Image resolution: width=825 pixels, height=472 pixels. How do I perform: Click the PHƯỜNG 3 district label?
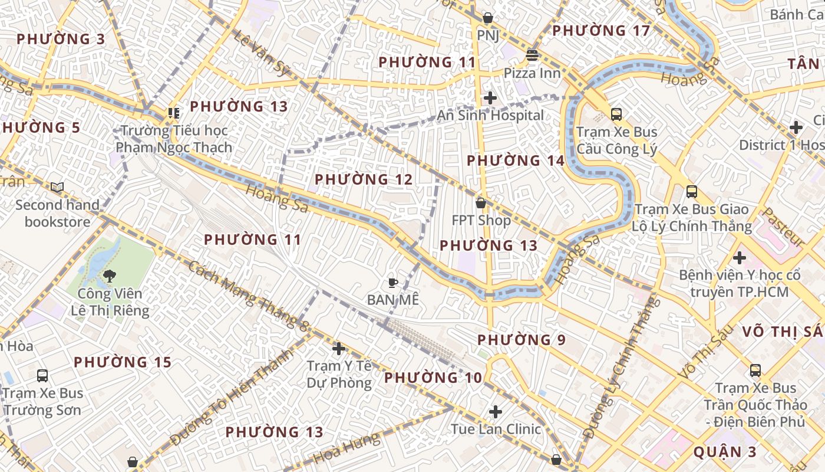coord(61,40)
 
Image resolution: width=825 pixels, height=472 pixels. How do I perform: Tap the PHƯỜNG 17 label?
coord(601,31)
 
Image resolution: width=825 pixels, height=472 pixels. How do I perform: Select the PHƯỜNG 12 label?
coord(364,179)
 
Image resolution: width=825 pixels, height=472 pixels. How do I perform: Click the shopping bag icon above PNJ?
coord(487,18)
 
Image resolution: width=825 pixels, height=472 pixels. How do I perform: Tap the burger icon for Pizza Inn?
coord(532,55)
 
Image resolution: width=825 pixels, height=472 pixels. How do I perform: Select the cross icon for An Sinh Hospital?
coord(490,98)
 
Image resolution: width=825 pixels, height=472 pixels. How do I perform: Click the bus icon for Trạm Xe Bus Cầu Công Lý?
coord(616,114)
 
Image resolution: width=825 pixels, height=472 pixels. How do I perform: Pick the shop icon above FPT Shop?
coord(481,203)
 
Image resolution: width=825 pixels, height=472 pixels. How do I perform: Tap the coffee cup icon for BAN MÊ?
coord(393,283)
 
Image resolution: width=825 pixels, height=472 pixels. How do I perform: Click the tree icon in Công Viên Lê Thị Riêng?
coord(110,276)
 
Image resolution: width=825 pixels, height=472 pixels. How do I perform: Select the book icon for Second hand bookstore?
coord(57,188)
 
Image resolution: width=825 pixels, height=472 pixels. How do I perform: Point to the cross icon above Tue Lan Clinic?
coord(496,411)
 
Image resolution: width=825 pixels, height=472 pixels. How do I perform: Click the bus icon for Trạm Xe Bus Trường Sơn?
coord(42,375)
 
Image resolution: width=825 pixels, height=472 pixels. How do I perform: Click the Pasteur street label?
coord(784,227)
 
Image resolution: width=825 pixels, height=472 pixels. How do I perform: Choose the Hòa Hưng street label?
coord(346,448)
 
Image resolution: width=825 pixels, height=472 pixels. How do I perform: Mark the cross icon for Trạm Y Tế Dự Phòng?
coord(339,349)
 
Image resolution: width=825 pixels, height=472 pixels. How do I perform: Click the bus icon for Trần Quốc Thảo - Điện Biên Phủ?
coord(755,371)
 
